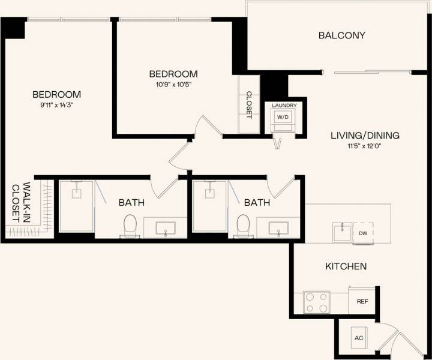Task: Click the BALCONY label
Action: click(x=341, y=35)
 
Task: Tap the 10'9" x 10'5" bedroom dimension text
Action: click(x=173, y=84)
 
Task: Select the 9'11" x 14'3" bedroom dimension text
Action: click(x=56, y=104)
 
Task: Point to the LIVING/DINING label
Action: click(x=365, y=135)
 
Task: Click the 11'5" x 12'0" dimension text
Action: click(x=365, y=145)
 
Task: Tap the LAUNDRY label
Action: click(x=284, y=106)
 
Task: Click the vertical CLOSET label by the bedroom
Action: click(x=249, y=104)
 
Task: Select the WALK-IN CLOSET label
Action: click(x=21, y=202)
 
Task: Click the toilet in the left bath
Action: click(x=130, y=226)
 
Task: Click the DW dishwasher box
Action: click(x=363, y=232)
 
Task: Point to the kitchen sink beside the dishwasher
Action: click(x=342, y=232)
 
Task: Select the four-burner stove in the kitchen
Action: click(x=317, y=302)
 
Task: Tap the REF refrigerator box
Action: click(x=362, y=301)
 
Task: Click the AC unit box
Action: click(x=359, y=338)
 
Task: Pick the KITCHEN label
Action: click(x=346, y=266)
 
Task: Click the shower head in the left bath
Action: click(x=77, y=194)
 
